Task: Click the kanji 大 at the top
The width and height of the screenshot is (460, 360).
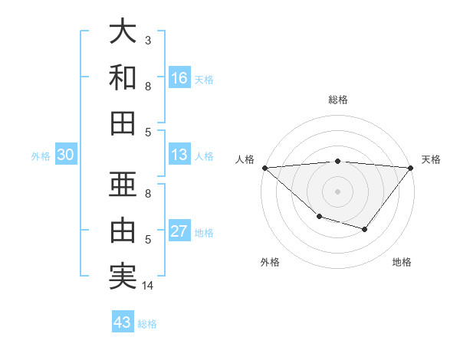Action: pos(123,32)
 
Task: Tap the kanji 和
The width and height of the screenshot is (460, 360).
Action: pos(123,77)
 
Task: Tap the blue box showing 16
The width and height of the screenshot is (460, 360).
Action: pos(179,77)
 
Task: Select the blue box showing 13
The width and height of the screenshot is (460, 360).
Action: pos(179,155)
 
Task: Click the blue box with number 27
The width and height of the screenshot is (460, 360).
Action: pos(179,231)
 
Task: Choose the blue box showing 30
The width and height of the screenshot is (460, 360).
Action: pos(66,155)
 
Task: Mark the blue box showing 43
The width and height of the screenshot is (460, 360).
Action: pos(123,322)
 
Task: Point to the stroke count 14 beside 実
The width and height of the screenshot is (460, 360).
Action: pos(148,286)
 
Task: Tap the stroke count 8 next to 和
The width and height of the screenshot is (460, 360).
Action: pos(148,86)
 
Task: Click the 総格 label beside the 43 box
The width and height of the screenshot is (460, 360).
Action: pos(147,324)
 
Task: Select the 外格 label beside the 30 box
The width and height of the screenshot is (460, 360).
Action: pos(41,156)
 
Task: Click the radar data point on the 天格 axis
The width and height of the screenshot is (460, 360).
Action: pos(411,167)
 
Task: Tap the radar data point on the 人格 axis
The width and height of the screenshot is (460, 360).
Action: pos(264,167)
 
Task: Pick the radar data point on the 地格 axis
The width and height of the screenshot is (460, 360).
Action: pos(365,229)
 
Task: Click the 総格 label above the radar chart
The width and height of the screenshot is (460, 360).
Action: pos(337,100)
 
